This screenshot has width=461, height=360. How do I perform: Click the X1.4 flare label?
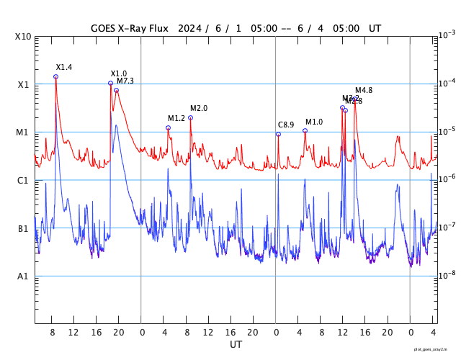(x=64, y=67)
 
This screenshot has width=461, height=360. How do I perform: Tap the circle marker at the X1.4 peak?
(x=55, y=76)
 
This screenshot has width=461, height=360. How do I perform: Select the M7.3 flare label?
(x=125, y=81)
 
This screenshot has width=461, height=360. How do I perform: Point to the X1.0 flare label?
(x=119, y=73)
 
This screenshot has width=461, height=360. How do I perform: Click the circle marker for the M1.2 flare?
(x=168, y=127)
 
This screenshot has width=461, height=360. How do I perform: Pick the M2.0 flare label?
(x=199, y=108)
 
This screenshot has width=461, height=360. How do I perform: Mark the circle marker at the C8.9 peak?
(x=278, y=134)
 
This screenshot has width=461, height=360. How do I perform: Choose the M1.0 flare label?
(x=314, y=122)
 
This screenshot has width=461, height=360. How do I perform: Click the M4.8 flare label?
(x=364, y=90)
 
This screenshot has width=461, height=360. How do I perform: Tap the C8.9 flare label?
(x=286, y=125)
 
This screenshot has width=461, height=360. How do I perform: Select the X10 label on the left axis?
(x=22, y=37)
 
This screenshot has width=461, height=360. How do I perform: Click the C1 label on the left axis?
(x=23, y=180)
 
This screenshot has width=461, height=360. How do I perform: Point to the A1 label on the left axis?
(x=23, y=276)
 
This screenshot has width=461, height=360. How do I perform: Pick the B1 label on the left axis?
(x=23, y=228)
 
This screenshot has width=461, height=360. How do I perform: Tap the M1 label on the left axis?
(x=23, y=132)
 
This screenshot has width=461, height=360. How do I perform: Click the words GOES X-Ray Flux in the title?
(x=129, y=28)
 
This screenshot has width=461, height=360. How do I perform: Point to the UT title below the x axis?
(x=236, y=345)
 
